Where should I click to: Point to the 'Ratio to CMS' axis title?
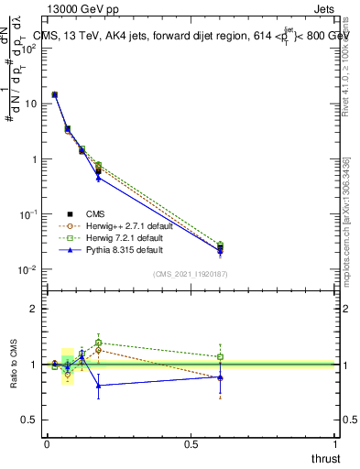[15, 364]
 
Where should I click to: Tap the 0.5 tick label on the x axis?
[191, 443]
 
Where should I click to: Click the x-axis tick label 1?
[336, 443]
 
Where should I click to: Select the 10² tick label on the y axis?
[29, 49]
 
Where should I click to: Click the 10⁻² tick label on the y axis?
[29, 270]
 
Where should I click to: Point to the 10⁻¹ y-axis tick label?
[29, 214]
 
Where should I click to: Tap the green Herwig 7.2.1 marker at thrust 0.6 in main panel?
[221, 245]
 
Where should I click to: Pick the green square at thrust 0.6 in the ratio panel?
[221, 357]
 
